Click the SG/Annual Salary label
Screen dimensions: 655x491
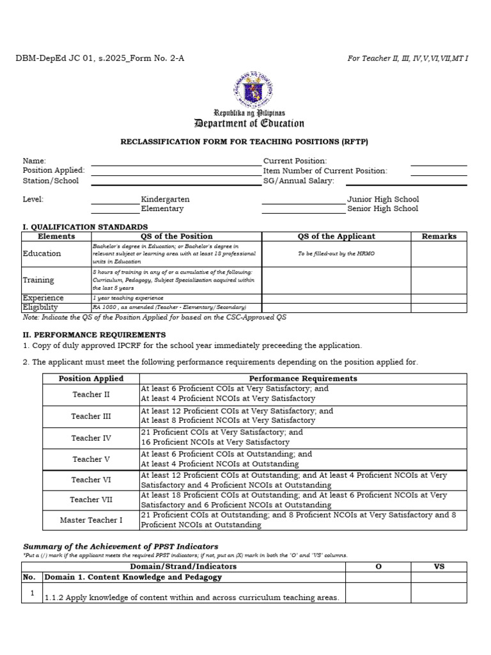coord(299,181)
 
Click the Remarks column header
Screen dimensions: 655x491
coord(439,236)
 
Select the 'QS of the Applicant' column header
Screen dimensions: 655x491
coord(336,236)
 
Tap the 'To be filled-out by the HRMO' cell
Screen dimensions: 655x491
coord(336,254)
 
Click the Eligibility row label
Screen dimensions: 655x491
coord(40,307)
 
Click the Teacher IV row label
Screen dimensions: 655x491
coord(91,438)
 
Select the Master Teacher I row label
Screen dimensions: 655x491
coord(91,520)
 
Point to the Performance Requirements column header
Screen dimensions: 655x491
coord(303,378)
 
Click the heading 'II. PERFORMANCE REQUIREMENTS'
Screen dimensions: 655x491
coord(94,335)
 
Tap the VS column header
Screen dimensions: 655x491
coord(439,567)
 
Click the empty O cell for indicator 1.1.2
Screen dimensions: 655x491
coord(378,593)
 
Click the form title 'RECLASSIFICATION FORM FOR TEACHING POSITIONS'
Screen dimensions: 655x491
coord(245,142)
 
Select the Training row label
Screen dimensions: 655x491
coord(38,280)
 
